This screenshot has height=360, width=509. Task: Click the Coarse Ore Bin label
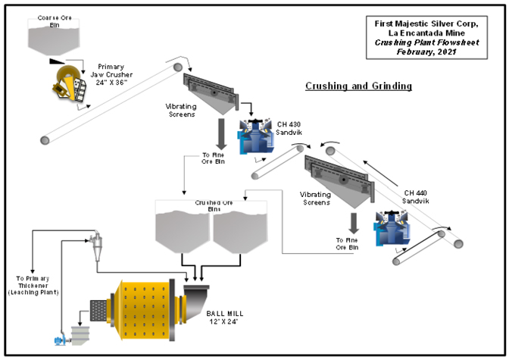coord(55,21)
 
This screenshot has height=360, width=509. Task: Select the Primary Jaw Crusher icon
coord(70,83)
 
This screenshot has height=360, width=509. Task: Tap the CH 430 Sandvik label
coord(289,128)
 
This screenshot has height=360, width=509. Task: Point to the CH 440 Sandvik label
coord(416,197)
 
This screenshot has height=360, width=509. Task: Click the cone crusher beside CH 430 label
coord(256,136)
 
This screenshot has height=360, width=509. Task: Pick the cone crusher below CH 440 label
coord(393,228)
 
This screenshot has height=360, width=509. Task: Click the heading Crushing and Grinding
coord(359,86)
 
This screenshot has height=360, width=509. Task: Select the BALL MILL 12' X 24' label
coord(225,318)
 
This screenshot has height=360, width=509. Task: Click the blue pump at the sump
coord(60,340)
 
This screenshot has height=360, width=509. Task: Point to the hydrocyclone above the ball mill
coord(95,246)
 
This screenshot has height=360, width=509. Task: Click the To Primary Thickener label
coord(33,286)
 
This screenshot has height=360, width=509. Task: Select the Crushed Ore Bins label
coord(214,206)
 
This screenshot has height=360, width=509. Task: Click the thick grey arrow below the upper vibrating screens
coord(221,134)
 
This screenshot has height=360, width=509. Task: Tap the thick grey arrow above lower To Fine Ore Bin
coord(354,224)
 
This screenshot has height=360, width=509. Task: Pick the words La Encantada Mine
coord(426,33)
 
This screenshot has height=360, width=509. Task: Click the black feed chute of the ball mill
coord(196,302)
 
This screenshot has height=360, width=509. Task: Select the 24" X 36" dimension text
coord(111,83)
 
